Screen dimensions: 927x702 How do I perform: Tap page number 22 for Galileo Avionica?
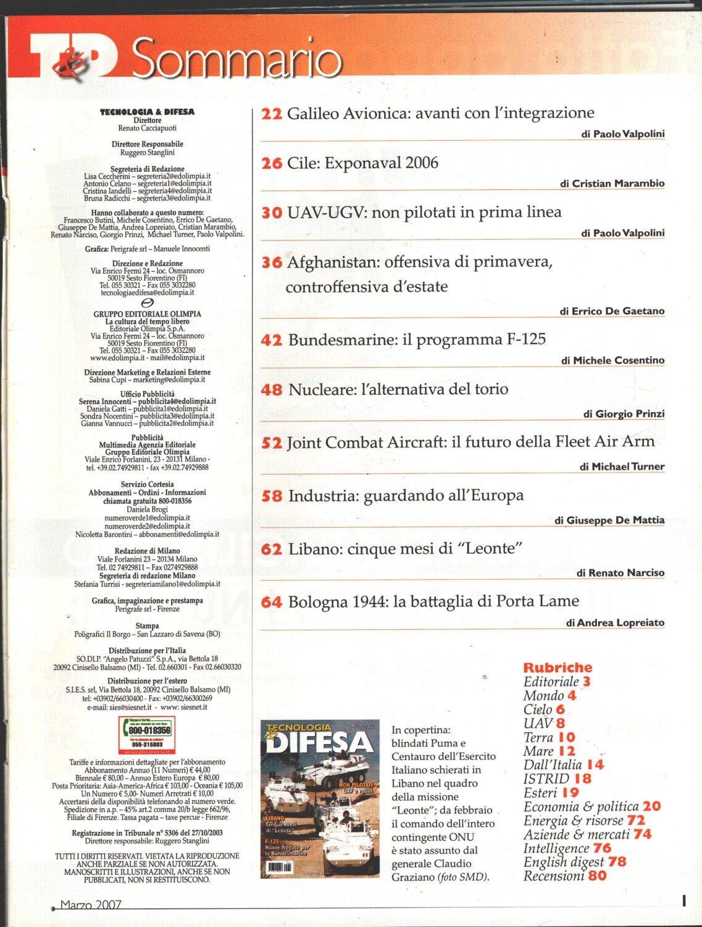[272, 114]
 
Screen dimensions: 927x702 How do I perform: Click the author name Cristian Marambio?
[618, 184]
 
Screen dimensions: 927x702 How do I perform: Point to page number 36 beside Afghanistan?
[272, 263]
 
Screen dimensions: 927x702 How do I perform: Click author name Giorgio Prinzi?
[630, 414]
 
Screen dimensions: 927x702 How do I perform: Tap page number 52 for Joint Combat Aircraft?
[272, 443]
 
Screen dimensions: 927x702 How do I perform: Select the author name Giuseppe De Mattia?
[616, 520]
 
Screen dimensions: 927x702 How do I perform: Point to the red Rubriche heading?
[558, 667]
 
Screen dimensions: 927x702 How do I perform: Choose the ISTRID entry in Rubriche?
[546, 779]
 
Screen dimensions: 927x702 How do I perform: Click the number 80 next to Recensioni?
[597, 876]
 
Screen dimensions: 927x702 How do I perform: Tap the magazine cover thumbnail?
[320, 798]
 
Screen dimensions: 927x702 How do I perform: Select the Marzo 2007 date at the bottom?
[91, 905]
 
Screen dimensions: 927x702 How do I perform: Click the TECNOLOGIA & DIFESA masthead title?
[147, 112]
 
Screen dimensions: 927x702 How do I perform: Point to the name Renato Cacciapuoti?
[147, 129]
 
